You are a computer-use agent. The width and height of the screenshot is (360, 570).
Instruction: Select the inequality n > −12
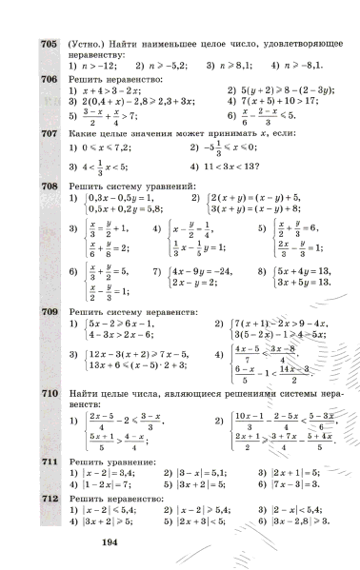click(x=99, y=67)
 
